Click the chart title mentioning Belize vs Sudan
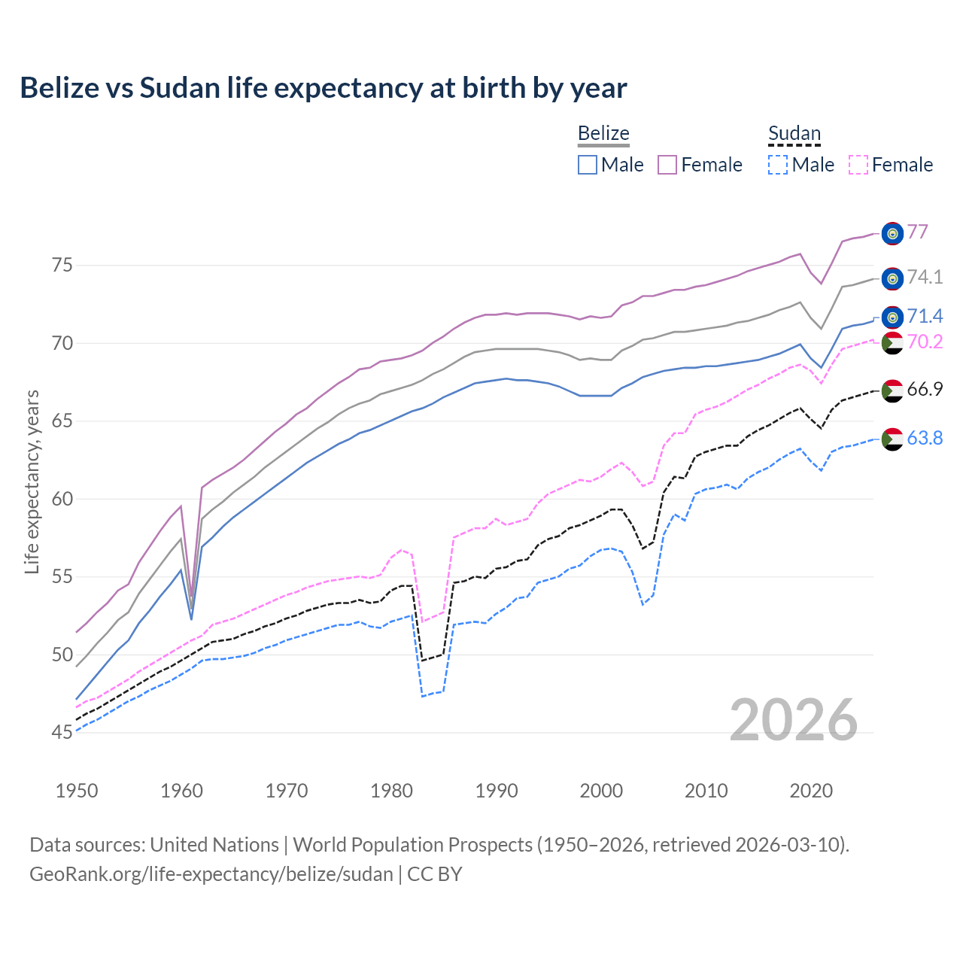pos(324,88)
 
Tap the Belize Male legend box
pos(588,165)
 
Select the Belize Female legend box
pos(667,165)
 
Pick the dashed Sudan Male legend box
pos(778,165)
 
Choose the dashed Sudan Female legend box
pos(858,165)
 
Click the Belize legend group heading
pos(603,133)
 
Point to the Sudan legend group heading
pos(794,133)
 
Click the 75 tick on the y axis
pos(62,266)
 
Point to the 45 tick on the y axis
pos(62,733)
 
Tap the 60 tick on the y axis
pos(62,499)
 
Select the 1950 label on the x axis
pos(77,791)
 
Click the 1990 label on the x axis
pos(497,791)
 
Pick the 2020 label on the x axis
pos(811,791)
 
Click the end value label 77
pos(917,232)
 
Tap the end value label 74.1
pos(925,277)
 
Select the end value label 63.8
pos(925,438)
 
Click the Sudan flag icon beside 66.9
pos(892,390)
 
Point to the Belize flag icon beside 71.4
pos(892,317)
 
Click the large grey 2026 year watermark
pos(794,720)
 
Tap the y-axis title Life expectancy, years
pos(32,481)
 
